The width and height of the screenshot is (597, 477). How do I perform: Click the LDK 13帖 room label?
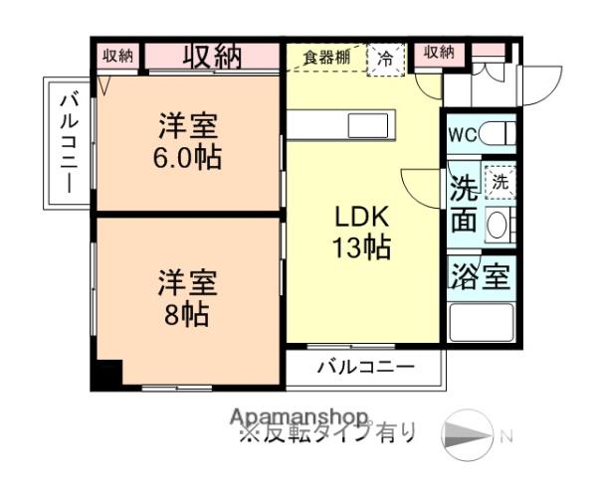tap(360, 232)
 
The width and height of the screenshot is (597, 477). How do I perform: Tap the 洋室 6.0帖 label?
tap(187, 142)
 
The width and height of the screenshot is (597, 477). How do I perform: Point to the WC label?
tap(462, 134)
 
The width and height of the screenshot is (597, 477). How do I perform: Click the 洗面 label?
tap(463, 204)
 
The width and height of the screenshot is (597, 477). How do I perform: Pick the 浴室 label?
tap(481, 275)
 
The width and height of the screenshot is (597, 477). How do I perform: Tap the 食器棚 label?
tap(327, 57)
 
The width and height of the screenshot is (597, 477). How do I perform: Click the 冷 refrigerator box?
tap(383, 58)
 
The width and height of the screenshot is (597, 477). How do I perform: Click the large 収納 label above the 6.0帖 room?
tap(212, 56)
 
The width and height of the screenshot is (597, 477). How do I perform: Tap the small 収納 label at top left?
tap(117, 56)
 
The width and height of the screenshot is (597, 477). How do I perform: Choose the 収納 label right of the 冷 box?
tap(439, 52)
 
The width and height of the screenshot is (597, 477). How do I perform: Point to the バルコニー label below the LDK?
tap(365, 368)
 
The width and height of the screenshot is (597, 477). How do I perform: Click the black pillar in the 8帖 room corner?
tap(105, 374)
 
